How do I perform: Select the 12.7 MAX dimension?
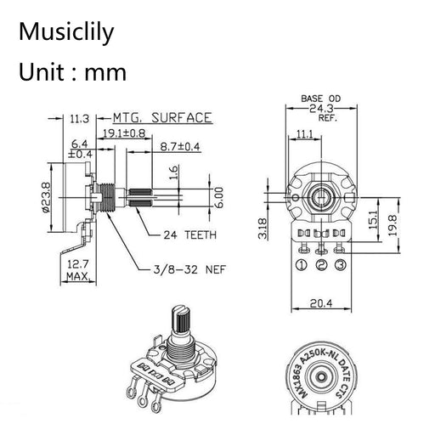tap(78, 269)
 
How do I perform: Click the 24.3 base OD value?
tap(320, 109)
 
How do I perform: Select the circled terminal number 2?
tap(320, 265)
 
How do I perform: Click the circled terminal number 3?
tap(340, 265)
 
